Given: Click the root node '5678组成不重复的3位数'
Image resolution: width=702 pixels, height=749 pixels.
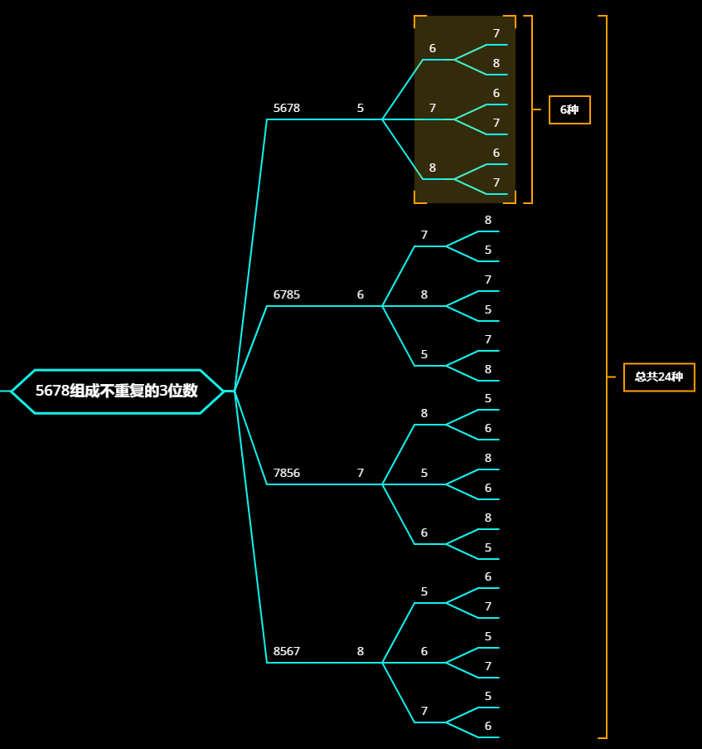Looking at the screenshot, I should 117,391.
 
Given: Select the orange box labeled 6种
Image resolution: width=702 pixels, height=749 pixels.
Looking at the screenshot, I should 569,109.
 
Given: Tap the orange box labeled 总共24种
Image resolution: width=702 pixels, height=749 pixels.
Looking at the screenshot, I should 659,377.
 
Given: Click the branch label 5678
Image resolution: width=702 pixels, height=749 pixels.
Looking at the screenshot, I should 287,108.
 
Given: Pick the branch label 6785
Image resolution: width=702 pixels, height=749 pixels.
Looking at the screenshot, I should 287,294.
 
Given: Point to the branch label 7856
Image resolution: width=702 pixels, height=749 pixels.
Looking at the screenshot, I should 287,473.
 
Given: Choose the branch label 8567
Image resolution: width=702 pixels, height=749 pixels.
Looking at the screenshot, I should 287,651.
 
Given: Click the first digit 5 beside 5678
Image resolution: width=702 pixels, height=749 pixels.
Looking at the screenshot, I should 361,108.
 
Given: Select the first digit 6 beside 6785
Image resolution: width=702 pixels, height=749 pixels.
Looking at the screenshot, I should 361,294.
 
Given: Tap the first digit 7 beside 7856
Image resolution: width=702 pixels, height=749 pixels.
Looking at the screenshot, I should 361,473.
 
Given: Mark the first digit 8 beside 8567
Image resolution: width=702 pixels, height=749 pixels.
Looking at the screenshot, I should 361,651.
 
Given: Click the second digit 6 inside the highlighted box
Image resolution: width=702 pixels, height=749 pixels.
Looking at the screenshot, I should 433,48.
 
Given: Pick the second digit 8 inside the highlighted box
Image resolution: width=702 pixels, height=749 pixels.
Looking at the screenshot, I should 433,168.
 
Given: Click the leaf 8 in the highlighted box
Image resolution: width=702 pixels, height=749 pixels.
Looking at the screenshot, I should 496,63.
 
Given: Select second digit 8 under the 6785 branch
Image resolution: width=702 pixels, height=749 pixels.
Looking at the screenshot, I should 424,294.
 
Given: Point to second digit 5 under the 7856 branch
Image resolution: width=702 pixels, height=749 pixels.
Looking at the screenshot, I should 424,473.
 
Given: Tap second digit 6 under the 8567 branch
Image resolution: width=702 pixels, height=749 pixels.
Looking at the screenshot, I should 424,651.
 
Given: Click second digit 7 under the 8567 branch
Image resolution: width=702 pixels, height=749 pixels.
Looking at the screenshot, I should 424,711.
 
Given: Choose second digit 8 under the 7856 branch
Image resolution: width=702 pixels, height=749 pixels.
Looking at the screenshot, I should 424,413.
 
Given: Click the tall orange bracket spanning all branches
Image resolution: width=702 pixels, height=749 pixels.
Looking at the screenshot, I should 606,249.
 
